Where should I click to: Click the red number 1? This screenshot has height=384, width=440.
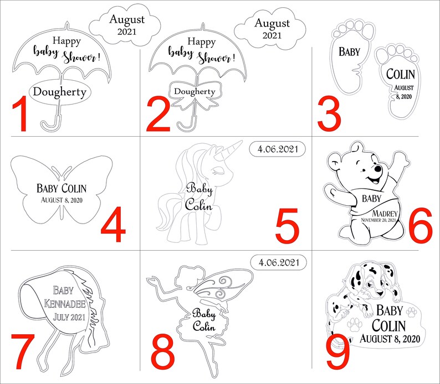[x=20, y=114]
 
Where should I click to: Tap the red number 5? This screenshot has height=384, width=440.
[x=287, y=225]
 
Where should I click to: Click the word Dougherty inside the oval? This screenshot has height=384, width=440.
[x=59, y=92]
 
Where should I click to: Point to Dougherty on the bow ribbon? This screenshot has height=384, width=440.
[x=195, y=91]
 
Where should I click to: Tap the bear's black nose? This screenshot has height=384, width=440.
[x=378, y=169]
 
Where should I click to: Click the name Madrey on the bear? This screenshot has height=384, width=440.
[x=385, y=214]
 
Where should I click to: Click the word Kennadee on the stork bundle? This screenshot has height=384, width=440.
[x=65, y=304]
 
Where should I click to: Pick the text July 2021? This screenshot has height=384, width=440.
[x=69, y=317]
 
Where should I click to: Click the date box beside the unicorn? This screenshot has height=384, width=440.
[x=277, y=149]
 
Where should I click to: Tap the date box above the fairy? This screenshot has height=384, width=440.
[x=279, y=262]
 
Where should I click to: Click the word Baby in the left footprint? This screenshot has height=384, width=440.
[x=349, y=51]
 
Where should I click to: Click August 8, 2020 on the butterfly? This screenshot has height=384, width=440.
[x=62, y=200]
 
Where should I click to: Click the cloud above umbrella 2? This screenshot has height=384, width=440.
[x=270, y=29]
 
